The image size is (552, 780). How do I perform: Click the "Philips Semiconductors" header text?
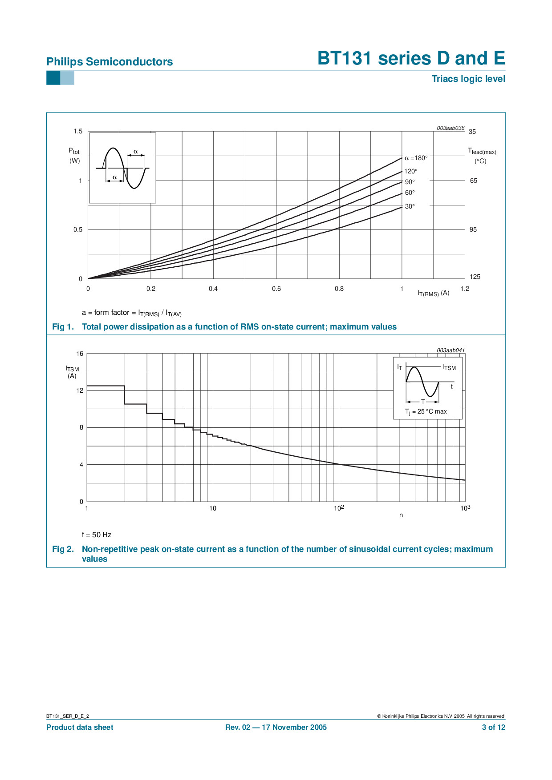coord(110,62)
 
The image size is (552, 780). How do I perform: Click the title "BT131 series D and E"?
coord(411,58)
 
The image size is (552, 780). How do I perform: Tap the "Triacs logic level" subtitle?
coord(468,79)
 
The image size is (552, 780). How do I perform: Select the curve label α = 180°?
coord(416,158)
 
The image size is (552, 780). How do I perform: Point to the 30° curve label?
coord(410,206)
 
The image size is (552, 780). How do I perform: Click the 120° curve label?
coord(410,171)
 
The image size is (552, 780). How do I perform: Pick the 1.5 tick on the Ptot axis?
coord(78,131)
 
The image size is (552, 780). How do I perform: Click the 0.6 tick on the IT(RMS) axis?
coord(276,289)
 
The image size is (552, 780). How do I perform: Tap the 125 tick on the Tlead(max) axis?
coord(475,277)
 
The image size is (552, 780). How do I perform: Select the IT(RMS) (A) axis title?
coord(433,294)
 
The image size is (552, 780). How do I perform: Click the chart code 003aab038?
coord(450,128)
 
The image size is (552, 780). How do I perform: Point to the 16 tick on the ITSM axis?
coord(80,354)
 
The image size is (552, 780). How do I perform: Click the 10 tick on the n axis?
coord(213,508)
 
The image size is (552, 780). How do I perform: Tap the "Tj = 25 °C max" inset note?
coord(426,412)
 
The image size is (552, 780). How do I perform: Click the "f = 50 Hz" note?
coord(97,535)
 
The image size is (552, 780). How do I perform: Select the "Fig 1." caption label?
coord(63,327)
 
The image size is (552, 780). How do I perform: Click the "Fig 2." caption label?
coord(63,549)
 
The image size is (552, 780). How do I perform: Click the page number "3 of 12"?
coord(493,728)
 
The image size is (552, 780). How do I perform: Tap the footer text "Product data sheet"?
coord(80,728)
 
